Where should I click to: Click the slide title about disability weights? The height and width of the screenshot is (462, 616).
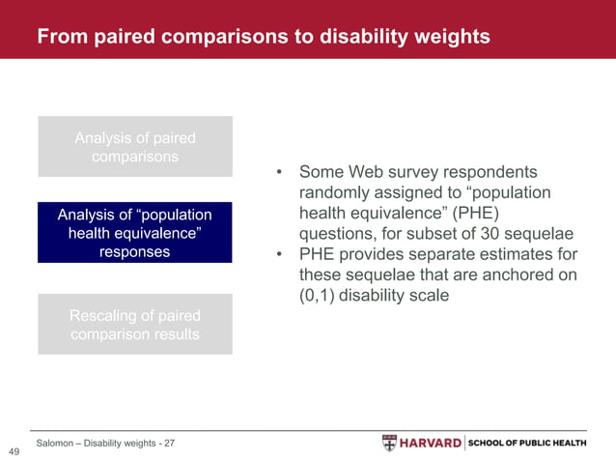coord(263,37)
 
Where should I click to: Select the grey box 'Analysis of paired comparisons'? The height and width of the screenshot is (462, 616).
coord(134,147)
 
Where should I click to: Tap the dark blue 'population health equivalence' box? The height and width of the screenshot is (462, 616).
coord(134,233)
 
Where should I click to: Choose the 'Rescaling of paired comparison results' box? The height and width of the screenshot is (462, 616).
coord(134,325)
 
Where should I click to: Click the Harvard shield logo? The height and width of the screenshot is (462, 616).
coord(389,443)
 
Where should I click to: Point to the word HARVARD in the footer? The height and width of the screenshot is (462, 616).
coord(430,443)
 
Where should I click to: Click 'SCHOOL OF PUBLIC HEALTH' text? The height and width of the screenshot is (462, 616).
coord(527,443)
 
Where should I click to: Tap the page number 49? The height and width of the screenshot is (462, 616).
coord(14,451)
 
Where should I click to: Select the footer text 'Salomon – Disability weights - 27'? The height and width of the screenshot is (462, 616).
coord(105,443)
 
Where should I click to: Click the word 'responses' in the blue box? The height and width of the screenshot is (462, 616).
coord(134,251)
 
